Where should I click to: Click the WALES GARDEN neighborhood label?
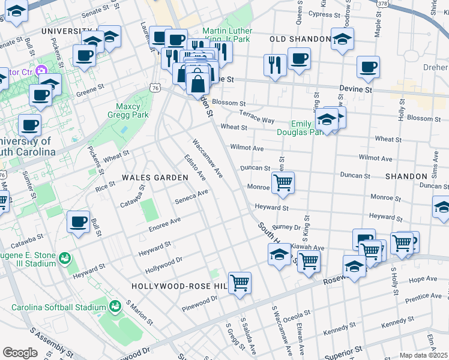click(x=151, y=178)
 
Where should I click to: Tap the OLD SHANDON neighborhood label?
click(x=300, y=39)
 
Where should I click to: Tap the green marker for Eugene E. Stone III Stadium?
click(x=65, y=259)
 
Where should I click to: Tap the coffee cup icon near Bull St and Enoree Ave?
click(x=78, y=221)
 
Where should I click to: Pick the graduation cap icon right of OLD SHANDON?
click(x=342, y=39)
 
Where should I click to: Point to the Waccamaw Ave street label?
click(x=207, y=158)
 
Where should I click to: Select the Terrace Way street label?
click(x=256, y=116)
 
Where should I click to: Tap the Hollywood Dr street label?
click(x=163, y=263)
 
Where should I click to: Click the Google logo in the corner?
click(x=20, y=353)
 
